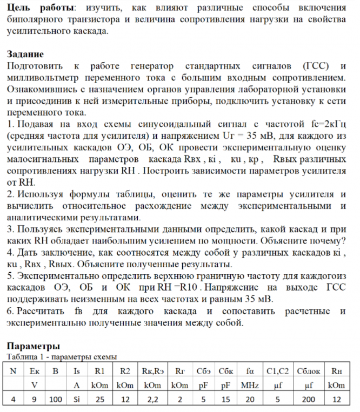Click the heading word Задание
25,55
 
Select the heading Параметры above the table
33,346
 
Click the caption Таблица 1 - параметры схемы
62,356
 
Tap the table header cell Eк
35,371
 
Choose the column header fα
250,371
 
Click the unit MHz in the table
250,385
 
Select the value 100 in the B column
55,400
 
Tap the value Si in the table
76,400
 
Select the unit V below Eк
35,385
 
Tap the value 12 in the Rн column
337,400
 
